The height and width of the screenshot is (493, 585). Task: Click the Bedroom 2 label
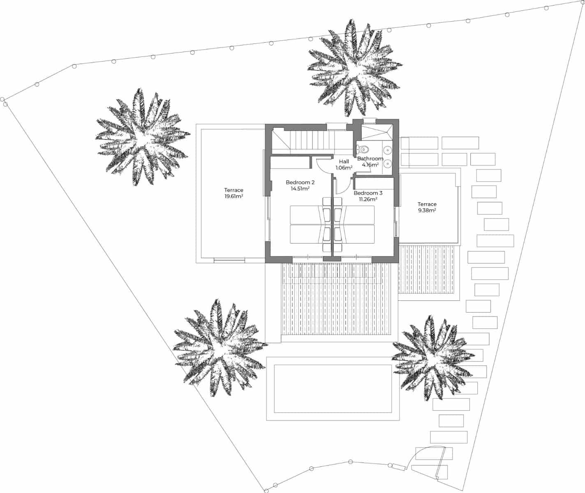click(300, 182)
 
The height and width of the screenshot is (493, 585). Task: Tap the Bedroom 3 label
click(368, 193)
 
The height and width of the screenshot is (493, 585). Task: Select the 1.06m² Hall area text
click(344, 168)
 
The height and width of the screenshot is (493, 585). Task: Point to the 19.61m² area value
click(234, 196)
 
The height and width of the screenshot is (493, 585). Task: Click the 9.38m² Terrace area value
click(427, 210)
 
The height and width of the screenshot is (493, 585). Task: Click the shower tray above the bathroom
click(374, 131)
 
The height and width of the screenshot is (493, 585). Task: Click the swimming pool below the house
click(332, 388)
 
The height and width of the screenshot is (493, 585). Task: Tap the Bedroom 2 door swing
click(324, 165)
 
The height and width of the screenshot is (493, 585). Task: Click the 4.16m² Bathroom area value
click(370, 165)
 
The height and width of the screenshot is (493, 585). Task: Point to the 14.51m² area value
click(300, 189)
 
